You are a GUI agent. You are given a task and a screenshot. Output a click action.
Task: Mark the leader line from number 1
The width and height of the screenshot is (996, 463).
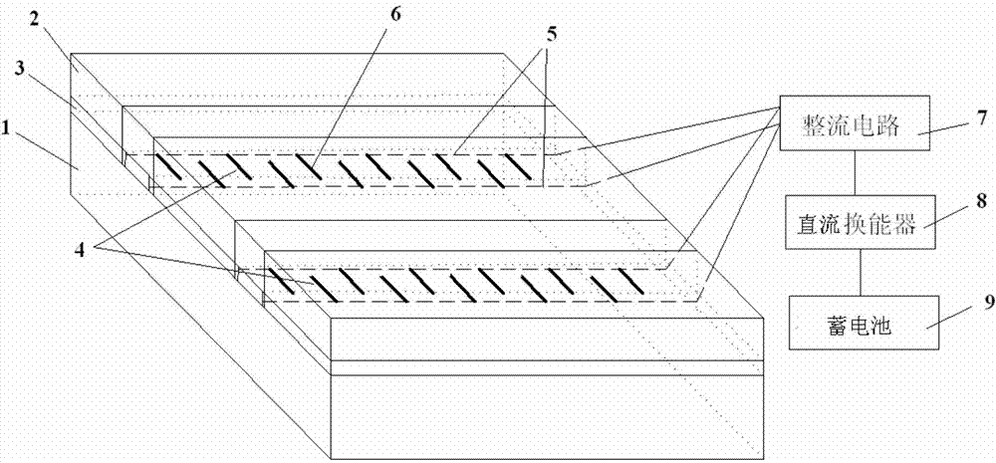click(x=56, y=149)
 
